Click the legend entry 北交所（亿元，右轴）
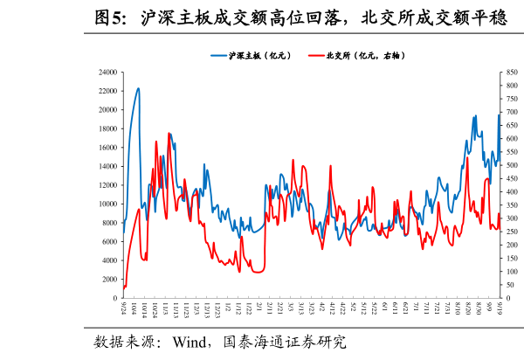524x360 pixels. coord(366,55)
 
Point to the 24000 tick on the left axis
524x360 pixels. coord(109,72)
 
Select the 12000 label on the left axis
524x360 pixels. coord(109,185)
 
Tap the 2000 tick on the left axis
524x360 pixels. coord(111,280)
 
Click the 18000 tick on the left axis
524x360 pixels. coord(109,128)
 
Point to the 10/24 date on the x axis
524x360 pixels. coord(155,310)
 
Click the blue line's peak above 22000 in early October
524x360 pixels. coord(138,88)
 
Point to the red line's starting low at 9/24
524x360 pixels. coord(124,287)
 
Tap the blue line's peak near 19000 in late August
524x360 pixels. coord(474,115)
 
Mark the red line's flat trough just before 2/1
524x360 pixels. coord(258,272)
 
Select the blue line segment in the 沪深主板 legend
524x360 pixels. coord(218,55)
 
